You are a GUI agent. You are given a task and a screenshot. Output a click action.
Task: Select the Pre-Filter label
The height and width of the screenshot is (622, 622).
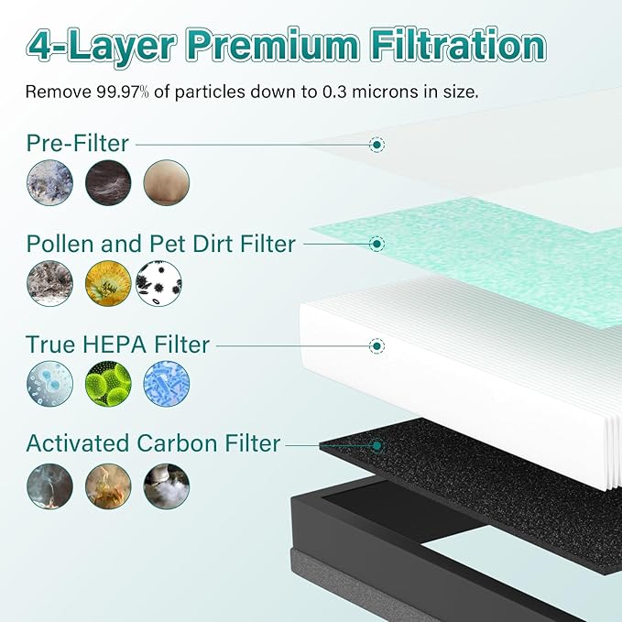[78, 143]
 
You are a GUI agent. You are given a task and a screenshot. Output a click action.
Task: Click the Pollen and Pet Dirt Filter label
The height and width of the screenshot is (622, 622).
[160, 244]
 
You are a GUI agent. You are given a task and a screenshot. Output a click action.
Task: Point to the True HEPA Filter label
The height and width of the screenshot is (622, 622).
[117, 345]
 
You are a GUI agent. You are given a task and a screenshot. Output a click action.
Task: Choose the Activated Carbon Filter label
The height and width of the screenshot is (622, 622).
[153, 444]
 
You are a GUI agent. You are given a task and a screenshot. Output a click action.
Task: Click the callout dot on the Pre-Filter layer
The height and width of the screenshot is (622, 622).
[376, 144]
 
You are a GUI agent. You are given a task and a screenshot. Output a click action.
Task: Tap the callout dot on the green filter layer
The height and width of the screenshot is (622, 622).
[376, 244]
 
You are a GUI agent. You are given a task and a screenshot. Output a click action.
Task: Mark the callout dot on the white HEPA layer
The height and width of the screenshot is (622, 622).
[376, 345]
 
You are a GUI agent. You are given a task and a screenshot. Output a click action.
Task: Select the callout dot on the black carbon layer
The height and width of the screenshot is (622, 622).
[376, 445]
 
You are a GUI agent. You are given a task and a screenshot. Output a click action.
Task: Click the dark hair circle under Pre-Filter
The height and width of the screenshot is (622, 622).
[108, 181]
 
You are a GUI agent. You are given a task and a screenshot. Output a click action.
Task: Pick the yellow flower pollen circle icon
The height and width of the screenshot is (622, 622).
[108, 283]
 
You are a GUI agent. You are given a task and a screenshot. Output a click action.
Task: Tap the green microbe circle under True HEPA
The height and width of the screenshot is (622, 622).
[108, 384]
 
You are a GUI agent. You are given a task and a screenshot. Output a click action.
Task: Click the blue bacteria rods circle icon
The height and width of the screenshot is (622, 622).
[166, 384]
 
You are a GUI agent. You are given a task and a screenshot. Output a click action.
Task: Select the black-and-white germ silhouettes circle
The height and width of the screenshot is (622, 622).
[158, 283]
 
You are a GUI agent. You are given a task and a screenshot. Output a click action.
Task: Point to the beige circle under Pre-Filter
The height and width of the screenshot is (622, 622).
[166, 181]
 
